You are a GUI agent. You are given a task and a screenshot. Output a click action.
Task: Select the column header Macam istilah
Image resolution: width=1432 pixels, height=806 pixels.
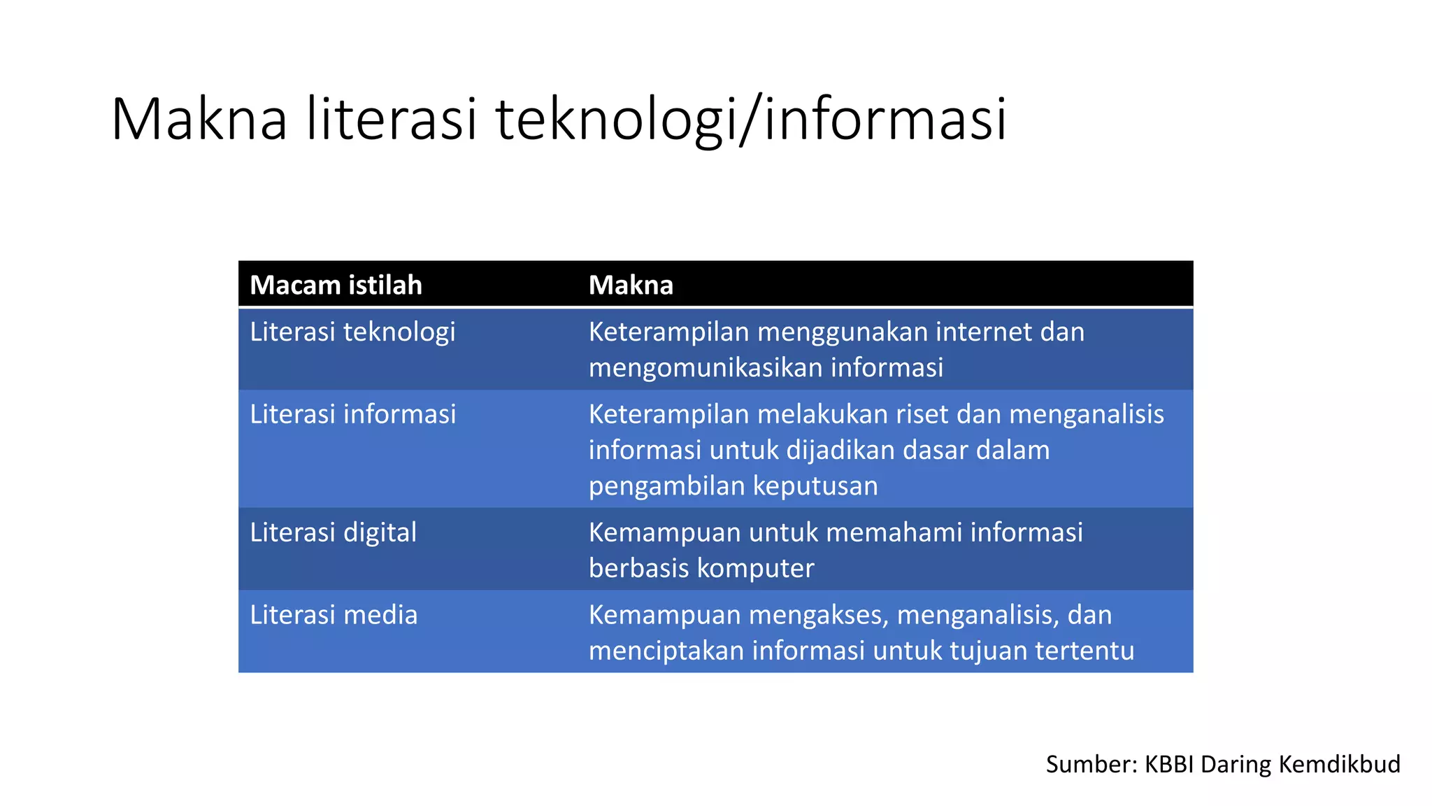336,285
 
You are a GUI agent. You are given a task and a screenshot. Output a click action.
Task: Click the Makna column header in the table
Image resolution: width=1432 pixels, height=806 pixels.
631,285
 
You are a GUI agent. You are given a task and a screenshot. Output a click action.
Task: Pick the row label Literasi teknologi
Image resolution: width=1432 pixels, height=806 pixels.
352,332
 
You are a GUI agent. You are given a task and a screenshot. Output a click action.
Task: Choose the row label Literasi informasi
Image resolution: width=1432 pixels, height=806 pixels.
352,414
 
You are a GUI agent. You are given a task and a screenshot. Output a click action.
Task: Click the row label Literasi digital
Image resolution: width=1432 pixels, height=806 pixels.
333,532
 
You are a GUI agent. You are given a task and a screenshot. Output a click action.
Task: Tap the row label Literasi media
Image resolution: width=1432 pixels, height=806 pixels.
334,615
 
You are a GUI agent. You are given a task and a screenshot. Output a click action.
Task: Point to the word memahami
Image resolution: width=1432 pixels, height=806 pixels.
901,532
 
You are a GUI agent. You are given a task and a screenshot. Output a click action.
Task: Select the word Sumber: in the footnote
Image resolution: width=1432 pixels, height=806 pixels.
1091,764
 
